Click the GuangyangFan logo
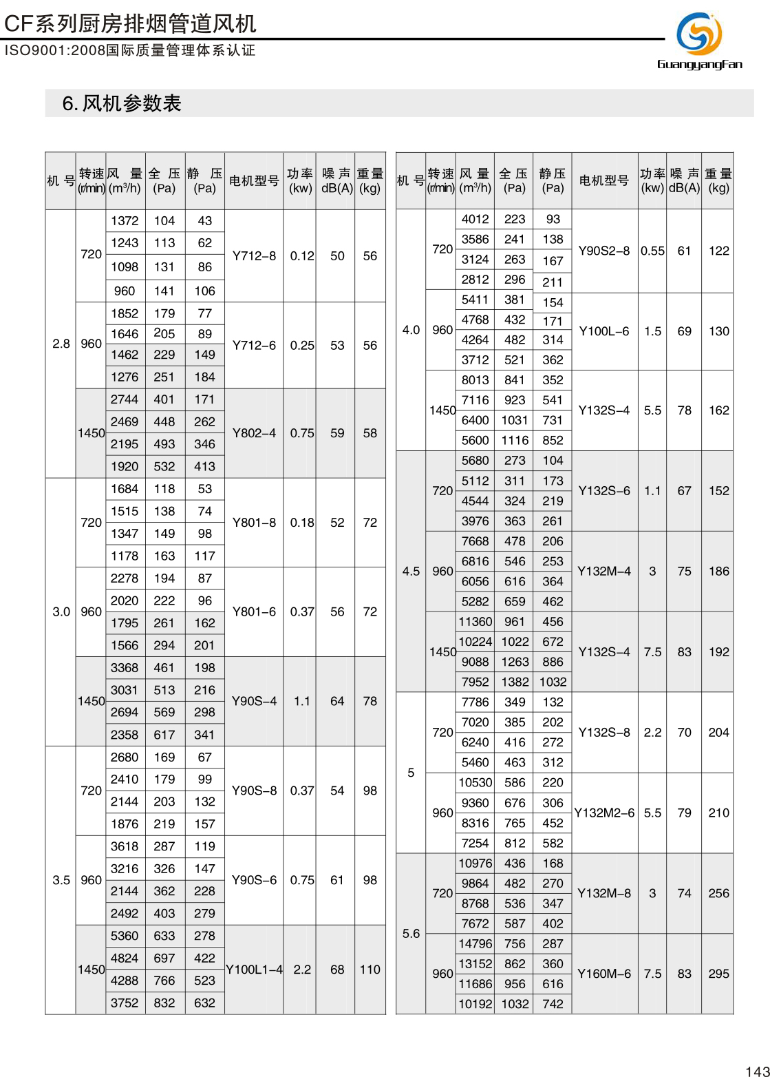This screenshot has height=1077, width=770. click(x=699, y=41)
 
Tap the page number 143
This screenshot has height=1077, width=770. click(x=756, y=1070)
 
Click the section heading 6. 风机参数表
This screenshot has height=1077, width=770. click(x=122, y=103)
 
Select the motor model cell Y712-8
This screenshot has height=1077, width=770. click(x=254, y=256)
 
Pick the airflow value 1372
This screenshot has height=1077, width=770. click(x=125, y=221)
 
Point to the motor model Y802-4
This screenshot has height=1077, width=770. click(x=254, y=433)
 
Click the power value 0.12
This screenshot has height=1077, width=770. click(x=301, y=256)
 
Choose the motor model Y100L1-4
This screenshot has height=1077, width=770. click(x=254, y=970)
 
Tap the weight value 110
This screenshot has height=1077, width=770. click(x=370, y=970)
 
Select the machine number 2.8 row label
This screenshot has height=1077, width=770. click(x=61, y=344)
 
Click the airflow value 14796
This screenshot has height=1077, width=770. click(x=475, y=944)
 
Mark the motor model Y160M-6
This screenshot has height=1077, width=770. click(x=604, y=974)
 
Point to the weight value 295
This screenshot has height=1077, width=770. click(x=718, y=974)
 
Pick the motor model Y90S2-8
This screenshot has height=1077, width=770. click(x=604, y=251)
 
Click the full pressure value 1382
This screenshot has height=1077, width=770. click(x=515, y=682)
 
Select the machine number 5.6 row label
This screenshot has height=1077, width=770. click(x=411, y=934)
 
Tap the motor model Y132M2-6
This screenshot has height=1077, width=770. click(x=604, y=813)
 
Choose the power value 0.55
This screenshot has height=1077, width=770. click(x=652, y=251)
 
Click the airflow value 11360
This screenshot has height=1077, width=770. click(x=475, y=622)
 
